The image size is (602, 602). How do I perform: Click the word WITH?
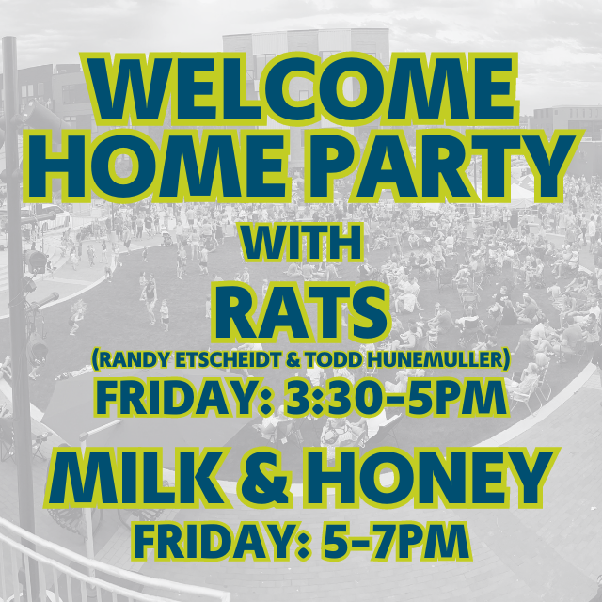301,243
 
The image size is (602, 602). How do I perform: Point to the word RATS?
301,311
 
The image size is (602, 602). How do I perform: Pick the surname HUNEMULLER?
438,359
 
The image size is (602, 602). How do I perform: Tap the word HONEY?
431,478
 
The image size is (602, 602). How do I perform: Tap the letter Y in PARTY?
551,166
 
